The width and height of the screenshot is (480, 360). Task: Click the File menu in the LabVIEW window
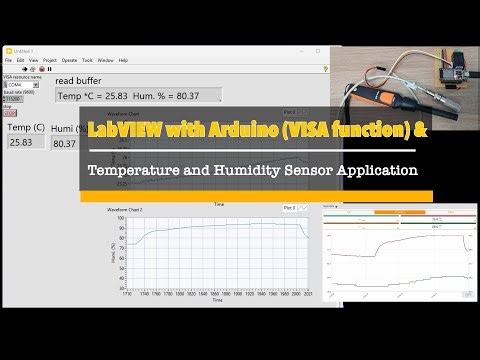(9, 60)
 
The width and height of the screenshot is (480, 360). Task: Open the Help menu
(123, 60)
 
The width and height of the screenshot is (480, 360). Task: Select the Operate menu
(68, 60)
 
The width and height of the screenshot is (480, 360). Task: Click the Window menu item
(105, 60)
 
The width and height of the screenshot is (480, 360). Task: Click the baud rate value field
(13, 99)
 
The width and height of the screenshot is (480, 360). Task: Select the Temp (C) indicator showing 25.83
(23, 143)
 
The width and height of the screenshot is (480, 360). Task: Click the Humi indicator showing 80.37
(64, 144)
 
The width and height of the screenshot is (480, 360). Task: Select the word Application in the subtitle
(367, 170)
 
